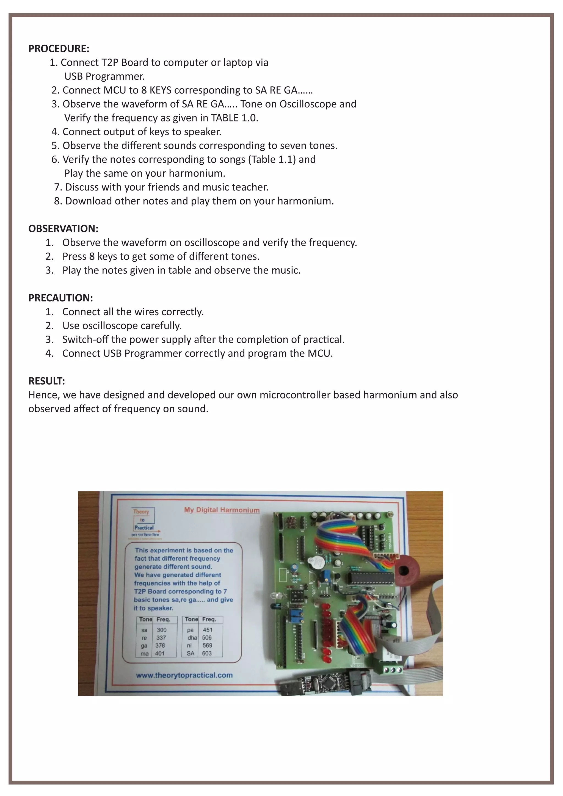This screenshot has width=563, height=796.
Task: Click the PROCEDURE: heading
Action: tap(59, 49)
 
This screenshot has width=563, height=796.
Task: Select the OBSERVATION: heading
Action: tap(63, 229)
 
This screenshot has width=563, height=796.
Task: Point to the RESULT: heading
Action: tap(46, 381)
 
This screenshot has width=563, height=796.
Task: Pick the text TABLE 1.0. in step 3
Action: tap(235, 118)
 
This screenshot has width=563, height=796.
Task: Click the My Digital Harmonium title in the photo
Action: tap(222, 510)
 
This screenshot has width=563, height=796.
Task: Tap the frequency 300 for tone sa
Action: tap(162, 630)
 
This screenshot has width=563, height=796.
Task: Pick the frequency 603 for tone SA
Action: tap(207, 654)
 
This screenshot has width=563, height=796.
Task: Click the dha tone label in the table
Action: tap(192, 638)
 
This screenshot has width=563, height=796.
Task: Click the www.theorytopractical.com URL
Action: tap(184, 675)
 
